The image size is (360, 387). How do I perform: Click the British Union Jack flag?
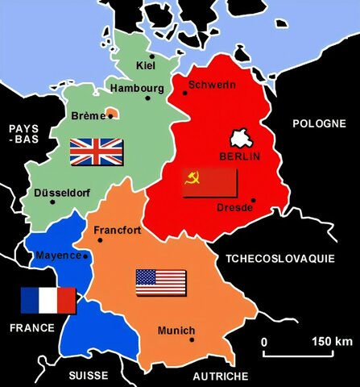[x=97, y=152]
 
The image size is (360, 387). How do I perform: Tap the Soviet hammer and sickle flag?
[x=209, y=183]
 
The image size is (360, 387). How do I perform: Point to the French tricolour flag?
[x=48, y=301]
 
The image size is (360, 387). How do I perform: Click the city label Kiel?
[x=146, y=64]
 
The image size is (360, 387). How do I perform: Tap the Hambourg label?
[x=138, y=87]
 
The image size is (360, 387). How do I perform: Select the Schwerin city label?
[x=212, y=85]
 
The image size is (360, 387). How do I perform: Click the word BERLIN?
[x=240, y=156]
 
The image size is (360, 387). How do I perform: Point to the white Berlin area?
[x=243, y=137]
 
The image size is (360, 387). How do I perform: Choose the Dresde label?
[x=235, y=208]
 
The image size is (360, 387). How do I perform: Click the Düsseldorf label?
[x=61, y=193]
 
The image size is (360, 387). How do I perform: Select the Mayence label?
[x=59, y=256]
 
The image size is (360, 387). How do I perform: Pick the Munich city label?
[x=176, y=331]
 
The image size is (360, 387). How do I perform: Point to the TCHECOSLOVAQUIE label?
[x=290, y=260]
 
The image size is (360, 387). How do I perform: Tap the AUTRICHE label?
[x=221, y=376]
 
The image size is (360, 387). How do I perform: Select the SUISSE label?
[x=88, y=376]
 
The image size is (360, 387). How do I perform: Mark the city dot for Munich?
[x=192, y=339]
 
